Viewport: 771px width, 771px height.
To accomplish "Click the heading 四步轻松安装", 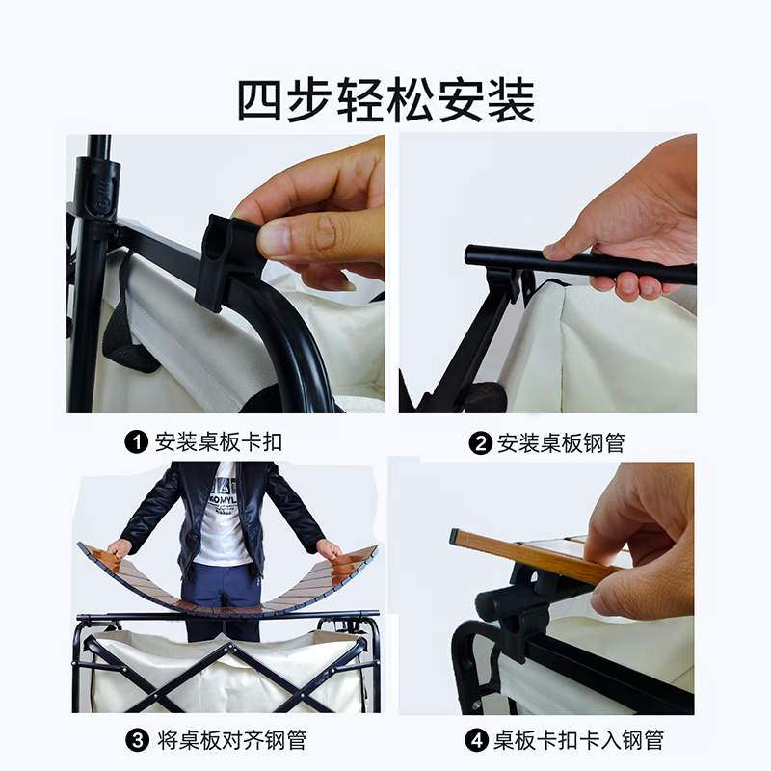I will click(385, 101).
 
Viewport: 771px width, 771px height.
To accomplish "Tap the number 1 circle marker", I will click(138, 442).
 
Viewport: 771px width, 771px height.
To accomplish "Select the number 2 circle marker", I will click(480, 442).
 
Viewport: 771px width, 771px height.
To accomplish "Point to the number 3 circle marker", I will click(138, 740).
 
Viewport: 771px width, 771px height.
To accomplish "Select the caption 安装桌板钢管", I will click(561, 442).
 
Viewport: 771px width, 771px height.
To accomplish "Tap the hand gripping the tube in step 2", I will click(636, 231).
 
